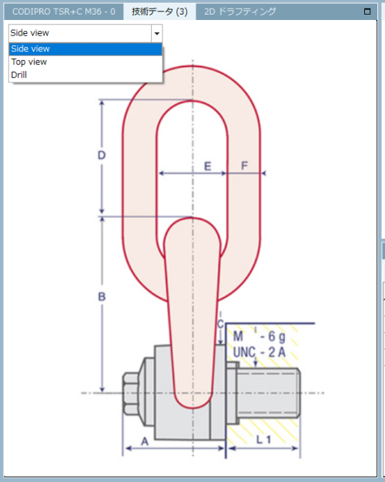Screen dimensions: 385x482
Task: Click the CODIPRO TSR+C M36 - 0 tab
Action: click(64, 12)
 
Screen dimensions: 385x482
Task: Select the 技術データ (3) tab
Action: click(159, 12)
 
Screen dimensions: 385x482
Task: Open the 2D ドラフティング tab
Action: click(240, 12)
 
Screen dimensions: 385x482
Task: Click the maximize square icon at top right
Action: click(367, 12)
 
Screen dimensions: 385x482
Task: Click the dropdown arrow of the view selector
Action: click(157, 33)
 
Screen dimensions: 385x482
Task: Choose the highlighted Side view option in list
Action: click(85, 49)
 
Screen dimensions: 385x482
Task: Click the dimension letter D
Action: click(102, 156)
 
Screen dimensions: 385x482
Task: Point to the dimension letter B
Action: click(102, 296)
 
